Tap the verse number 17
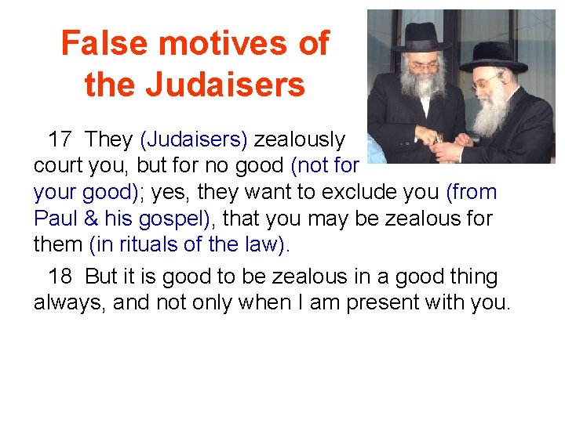(60, 140)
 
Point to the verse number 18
(60, 277)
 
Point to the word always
(70, 303)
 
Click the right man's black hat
(492, 55)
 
